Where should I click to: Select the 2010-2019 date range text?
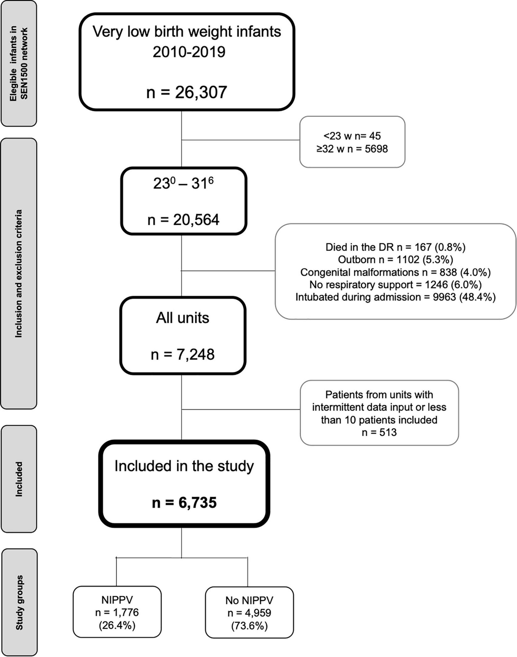[x=189, y=51]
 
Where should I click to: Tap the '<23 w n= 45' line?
[x=352, y=136]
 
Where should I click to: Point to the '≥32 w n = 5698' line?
[x=352, y=148]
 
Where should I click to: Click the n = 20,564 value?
[x=183, y=220]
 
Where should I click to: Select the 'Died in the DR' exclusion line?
[x=395, y=247]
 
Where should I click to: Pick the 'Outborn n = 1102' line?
[x=395, y=260]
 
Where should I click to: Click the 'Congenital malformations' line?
[x=395, y=272]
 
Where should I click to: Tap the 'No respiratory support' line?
[x=395, y=284]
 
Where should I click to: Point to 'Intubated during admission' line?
[x=395, y=297]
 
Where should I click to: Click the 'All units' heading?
[x=183, y=318]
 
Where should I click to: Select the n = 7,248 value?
[x=183, y=355]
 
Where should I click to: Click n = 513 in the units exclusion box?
[x=379, y=432]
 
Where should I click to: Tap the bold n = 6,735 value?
[x=184, y=502]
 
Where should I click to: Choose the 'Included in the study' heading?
[x=184, y=466]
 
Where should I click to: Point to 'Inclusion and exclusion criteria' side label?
[x=19, y=273]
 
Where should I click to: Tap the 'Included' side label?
[x=19, y=479]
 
